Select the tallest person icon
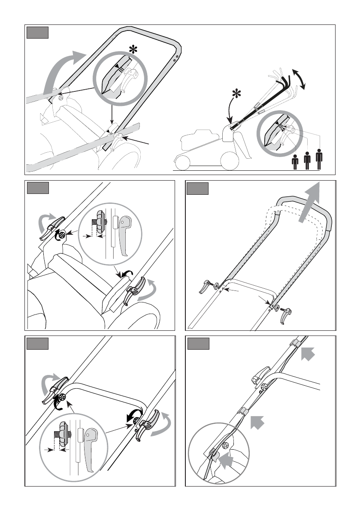tap(319, 159)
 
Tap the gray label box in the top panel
tap(37, 33)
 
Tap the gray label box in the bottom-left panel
tap(37, 344)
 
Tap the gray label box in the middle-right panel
tap(198, 189)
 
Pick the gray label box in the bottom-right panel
tap(198, 344)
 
